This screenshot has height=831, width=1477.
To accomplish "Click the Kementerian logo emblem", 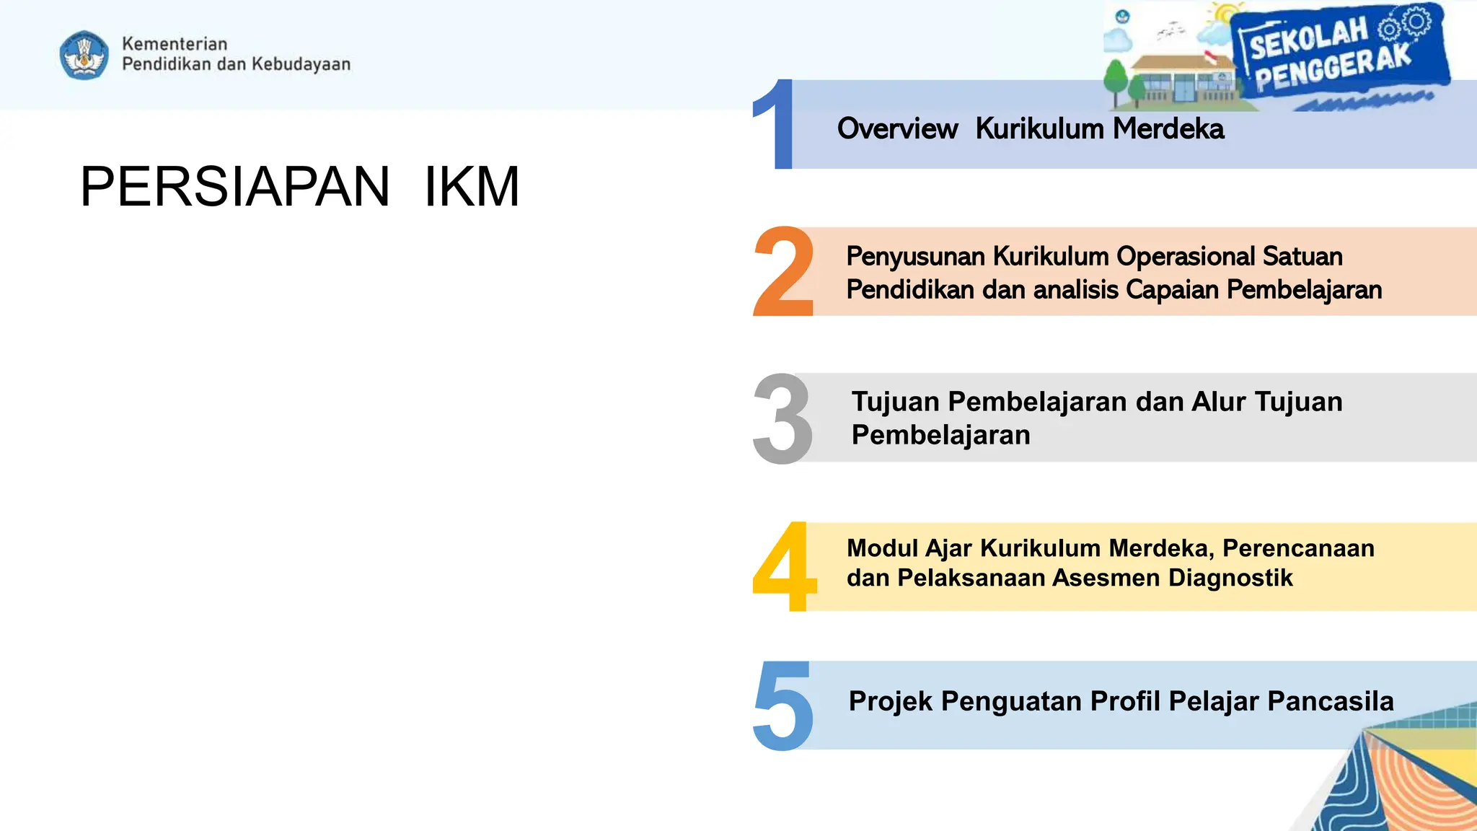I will (x=84, y=54).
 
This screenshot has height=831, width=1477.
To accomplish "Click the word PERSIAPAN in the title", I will (x=234, y=187).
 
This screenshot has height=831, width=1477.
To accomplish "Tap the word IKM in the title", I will (x=472, y=187).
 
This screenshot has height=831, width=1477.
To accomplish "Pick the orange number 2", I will (x=783, y=272).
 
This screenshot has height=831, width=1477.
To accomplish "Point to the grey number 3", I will (x=782, y=418).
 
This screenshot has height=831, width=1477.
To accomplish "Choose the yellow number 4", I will (x=784, y=566).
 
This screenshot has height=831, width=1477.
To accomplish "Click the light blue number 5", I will (x=783, y=706).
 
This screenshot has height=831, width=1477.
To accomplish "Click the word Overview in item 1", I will (x=897, y=129).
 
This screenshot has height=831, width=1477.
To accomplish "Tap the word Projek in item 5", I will (x=890, y=702).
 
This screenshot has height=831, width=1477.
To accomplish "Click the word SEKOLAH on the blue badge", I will (x=1308, y=38).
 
